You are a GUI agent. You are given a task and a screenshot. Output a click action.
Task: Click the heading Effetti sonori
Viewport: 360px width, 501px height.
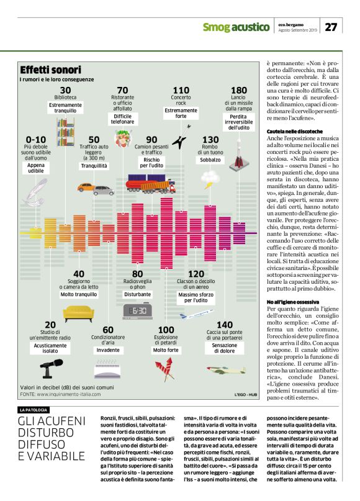point(50,70)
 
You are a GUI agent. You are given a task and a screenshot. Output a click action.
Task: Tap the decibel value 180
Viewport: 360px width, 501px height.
point(238,91)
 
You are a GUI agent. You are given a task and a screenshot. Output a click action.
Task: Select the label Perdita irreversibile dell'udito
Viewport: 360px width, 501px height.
point(238,122)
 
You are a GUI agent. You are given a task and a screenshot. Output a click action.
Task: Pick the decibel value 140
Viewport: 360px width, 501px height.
point(225,325)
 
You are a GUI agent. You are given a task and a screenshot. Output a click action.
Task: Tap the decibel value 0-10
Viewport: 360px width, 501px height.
point(36,139)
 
